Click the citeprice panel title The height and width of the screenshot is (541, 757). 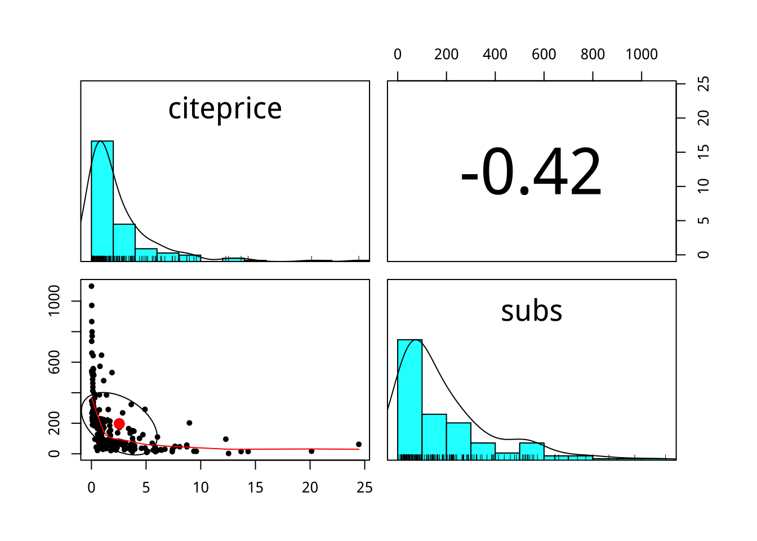[x=225, y=109]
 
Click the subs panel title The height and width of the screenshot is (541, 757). [x=532, y=311]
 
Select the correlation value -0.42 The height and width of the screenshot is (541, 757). [x=531, y=172]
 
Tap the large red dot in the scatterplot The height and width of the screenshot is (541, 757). [x=119, y=424]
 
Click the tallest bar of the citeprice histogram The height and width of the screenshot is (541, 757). [x=102, y=200]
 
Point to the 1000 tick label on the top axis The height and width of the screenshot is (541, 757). [x=642, y=55]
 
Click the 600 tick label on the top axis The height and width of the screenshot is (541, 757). [x=544, y=55]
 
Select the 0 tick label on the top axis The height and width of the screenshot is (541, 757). [x=398, y=55]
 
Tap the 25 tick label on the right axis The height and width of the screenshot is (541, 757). [x=703, y=84]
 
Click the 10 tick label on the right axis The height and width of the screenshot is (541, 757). [x=703, y=187]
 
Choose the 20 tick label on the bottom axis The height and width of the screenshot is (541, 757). [x=310, y=488]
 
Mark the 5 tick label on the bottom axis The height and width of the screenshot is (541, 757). [x=146, y=488]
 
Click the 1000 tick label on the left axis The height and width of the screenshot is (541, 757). [x=54, y=301]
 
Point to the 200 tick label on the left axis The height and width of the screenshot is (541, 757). [x=54, y=423]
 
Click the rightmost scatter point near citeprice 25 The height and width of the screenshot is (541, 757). [x=359, y=445]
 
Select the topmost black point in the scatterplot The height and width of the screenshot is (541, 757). [x=91, y=286]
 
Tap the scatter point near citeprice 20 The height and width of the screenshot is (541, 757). [x=311, y=451]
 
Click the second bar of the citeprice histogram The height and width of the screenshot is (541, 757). [x=124, y=242]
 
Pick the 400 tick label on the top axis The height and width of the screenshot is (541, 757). [x=495, y=55]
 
